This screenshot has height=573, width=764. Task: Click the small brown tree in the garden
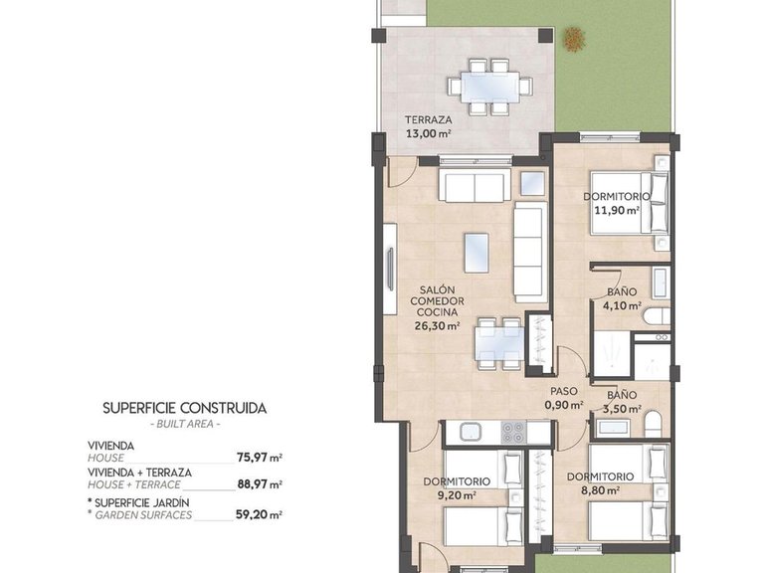click(574, 39)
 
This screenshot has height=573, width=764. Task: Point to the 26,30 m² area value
click(438, 324)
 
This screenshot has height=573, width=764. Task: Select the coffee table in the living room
click(478, 252)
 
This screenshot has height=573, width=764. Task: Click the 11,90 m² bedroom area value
click(616, 210)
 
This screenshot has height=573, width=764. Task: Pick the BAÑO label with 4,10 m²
click(623, 292)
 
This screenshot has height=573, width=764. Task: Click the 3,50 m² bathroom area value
click(623, 408)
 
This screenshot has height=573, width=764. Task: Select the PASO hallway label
click(564, 391)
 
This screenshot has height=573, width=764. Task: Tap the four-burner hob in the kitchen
click(513, 432)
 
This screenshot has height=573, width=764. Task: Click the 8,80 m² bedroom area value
click(601, 489)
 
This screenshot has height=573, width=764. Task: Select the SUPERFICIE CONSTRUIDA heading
click(185, 408)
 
